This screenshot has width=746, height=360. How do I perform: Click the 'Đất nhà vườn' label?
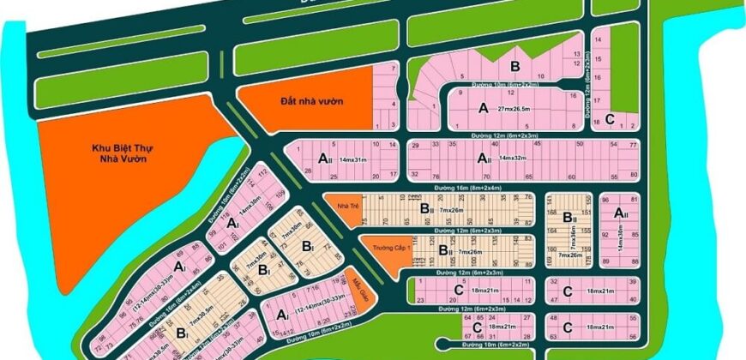coord(299,101)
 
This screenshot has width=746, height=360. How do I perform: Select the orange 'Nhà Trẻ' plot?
coord(347,206)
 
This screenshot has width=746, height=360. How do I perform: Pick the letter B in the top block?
coord(515,65)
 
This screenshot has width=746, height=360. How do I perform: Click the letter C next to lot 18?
coord(610,119)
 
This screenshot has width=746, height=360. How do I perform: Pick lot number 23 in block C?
coord(420,300)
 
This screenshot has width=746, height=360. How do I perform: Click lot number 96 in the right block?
coord(606,198)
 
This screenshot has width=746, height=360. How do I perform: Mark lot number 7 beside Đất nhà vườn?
coord(394,67)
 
